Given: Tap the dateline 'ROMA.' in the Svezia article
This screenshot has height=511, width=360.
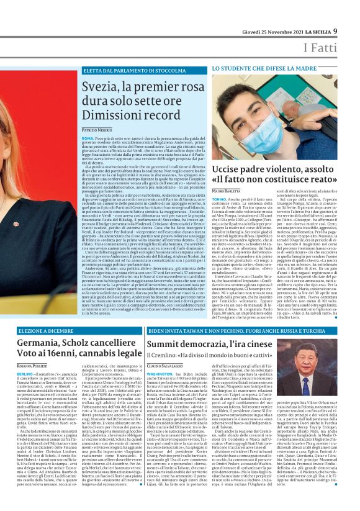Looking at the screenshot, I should click(x=88, y=138).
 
